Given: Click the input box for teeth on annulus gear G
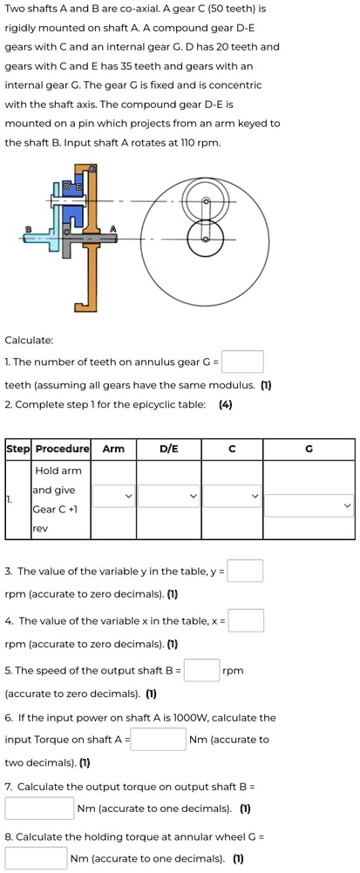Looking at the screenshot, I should [248, 361].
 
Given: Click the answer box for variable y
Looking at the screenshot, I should [248, 572].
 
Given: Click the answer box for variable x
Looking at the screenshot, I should [248, 620].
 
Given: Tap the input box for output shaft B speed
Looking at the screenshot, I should [201, 670].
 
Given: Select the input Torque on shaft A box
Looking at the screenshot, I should [159, 740].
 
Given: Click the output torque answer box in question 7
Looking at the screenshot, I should [39, 809].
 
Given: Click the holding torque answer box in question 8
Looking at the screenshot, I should [36, 858].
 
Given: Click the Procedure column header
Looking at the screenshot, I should [62, 450].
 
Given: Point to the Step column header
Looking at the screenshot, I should [18, 450].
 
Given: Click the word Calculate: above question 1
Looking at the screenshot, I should [29, 339].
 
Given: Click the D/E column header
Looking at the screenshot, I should [169, 450].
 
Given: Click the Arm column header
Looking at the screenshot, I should [113, 450].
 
